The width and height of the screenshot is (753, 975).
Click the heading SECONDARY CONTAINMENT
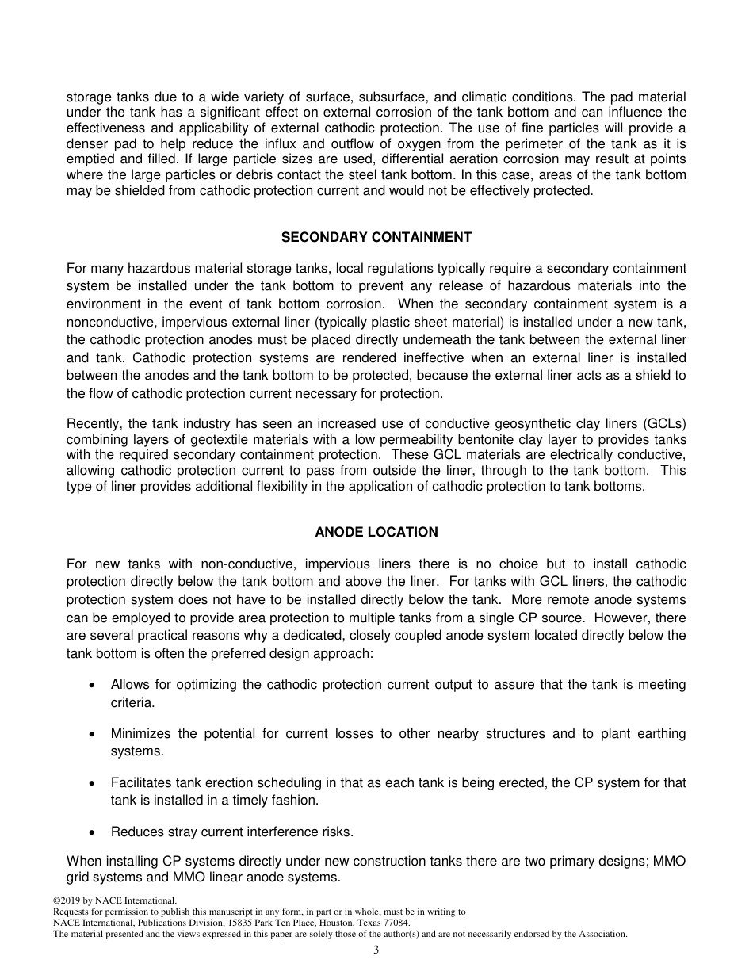click(x=376, y=237)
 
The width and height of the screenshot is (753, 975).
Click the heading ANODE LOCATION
click(x=376, y=532)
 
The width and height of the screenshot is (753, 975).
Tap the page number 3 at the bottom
click(x=376, y=950)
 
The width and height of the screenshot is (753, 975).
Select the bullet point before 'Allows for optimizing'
click(x=94, y=685)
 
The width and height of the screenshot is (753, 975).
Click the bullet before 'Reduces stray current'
click(x=94, y=832)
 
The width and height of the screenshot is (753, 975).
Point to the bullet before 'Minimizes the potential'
click(x=94, y=734)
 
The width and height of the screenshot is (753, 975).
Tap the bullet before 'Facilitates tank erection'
click(x=94, y=783)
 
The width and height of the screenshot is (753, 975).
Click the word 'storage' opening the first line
click(x=88, y=97)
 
